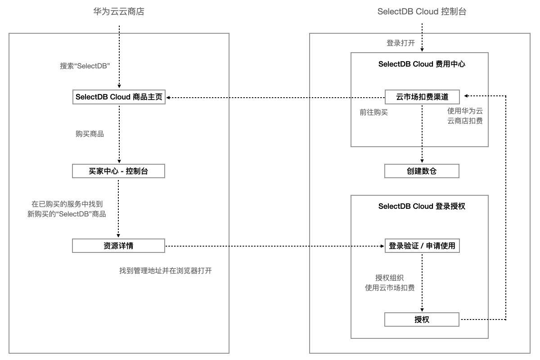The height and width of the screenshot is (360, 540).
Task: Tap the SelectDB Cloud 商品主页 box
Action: click(x=119, y=97)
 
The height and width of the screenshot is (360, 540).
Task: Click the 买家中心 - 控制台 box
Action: click(x=119, y=171)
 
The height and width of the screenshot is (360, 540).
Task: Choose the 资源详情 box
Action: click(x=119, y=246)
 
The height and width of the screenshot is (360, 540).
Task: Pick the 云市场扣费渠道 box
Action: click(x=422, y=97)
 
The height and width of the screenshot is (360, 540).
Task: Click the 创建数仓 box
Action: click(x=422, y=171)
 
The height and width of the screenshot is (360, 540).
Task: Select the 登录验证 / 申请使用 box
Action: click(x=422, y=246)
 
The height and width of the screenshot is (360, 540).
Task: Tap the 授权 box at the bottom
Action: click(x=422, y=319)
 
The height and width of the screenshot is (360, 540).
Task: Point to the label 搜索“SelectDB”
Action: click(x=85, y=66)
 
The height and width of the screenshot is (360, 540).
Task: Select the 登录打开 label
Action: click(x=400, y=43)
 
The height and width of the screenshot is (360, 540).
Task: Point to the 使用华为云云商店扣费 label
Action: click(x=465, y=116)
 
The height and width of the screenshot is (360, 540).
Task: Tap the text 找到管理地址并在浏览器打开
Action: click(x=165, y=271)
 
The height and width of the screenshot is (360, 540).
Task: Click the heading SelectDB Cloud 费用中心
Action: click(x=422, y=64)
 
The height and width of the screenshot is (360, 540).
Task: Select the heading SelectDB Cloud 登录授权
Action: click(x=422, y=206)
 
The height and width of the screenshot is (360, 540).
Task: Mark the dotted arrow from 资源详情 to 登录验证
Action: click(x=274, y=246)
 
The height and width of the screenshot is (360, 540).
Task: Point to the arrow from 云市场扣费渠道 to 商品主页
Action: click(x=274, y=97)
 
